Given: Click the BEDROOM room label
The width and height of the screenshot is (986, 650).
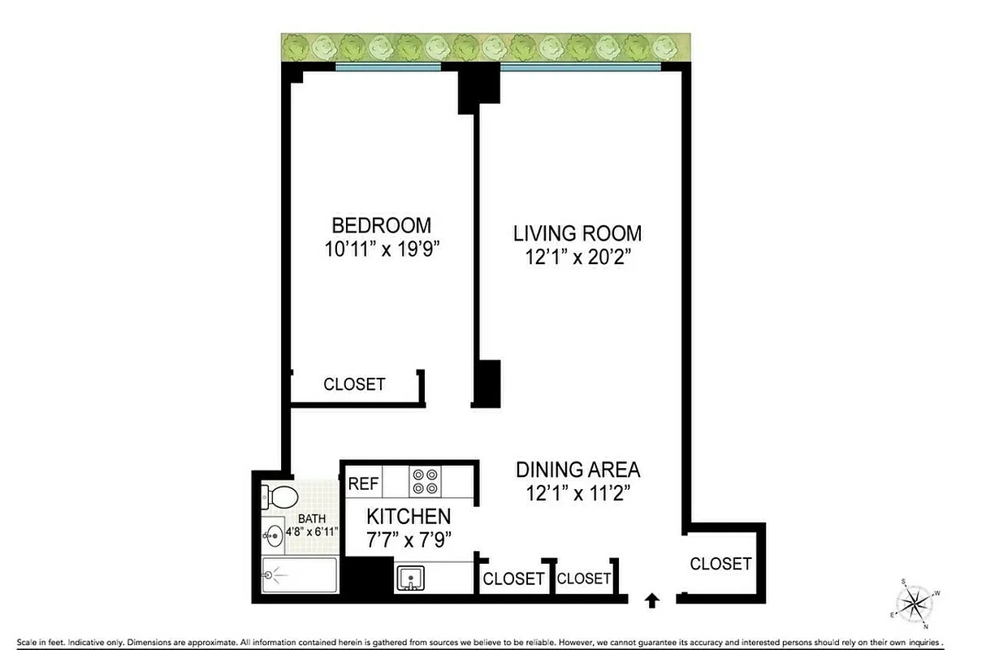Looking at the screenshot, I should coord(381,225).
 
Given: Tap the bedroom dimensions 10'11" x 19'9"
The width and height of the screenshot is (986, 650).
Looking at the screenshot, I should coord(381,249).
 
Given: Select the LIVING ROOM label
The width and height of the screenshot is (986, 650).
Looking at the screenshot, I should coord(577,234).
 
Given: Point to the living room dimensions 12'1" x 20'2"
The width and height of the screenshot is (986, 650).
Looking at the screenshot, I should coord(577,258).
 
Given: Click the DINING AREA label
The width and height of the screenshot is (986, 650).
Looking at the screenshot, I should coord(577,470).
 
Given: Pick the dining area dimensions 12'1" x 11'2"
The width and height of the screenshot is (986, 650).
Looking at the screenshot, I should coord(577,493).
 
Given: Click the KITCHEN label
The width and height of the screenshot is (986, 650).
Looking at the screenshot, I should coord(408,516).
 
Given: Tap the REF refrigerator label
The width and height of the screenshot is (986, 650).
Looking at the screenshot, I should coord(363,484).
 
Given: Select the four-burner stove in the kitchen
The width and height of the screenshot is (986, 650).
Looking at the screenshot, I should coord(426,481).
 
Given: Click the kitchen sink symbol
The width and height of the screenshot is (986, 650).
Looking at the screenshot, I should coord(411,578).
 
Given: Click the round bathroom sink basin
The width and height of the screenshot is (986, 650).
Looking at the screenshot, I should coord(273,535).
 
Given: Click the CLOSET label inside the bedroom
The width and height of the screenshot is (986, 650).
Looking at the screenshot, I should coord(354,384).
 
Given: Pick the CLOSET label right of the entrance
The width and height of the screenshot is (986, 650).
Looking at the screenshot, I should coord(720,563).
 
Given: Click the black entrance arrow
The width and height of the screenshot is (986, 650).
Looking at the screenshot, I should coord(651,600).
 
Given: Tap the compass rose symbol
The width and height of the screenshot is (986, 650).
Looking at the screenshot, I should coord(915,602).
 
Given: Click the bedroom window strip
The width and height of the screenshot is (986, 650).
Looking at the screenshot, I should coord(387,67).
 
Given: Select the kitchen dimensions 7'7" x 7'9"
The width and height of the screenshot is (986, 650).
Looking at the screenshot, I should coord(408,539).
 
